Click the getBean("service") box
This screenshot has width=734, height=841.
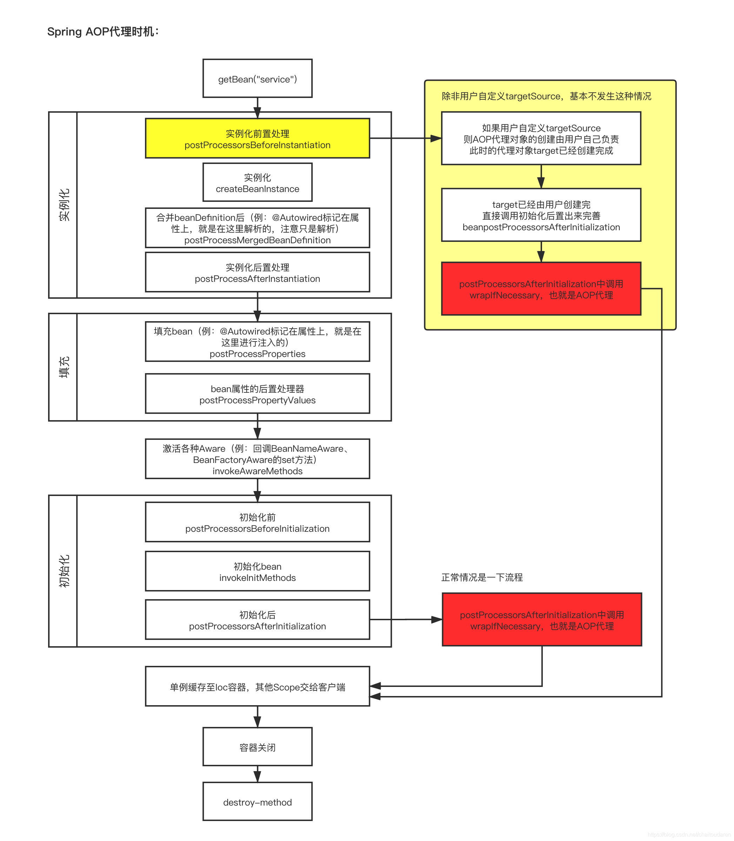tap(257, 78)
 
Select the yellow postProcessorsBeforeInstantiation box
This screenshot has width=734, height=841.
tap(257, 139)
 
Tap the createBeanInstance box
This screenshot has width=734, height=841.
tap(257, 183)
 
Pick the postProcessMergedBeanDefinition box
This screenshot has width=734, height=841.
tap(257, 228)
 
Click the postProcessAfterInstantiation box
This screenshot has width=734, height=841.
tap(257, 272)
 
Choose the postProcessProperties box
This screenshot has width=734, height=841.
tap(257, 342)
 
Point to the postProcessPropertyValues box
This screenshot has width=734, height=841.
tap(257, 393)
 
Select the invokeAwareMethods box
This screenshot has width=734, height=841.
tap(257, 459)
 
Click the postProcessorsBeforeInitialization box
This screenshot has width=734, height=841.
tap(257, 522)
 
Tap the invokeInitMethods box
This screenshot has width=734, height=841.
tap(257, 571)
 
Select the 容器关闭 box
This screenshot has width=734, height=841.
tap(257, 747)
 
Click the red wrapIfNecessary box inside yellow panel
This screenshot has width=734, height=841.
tap(541, 289)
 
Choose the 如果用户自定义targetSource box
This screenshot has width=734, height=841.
tap(541, 139)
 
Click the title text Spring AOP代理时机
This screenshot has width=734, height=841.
tap(103, 32)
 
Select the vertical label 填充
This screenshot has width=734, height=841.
tap(64, 367)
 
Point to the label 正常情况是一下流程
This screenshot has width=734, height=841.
tap(482, 577)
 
